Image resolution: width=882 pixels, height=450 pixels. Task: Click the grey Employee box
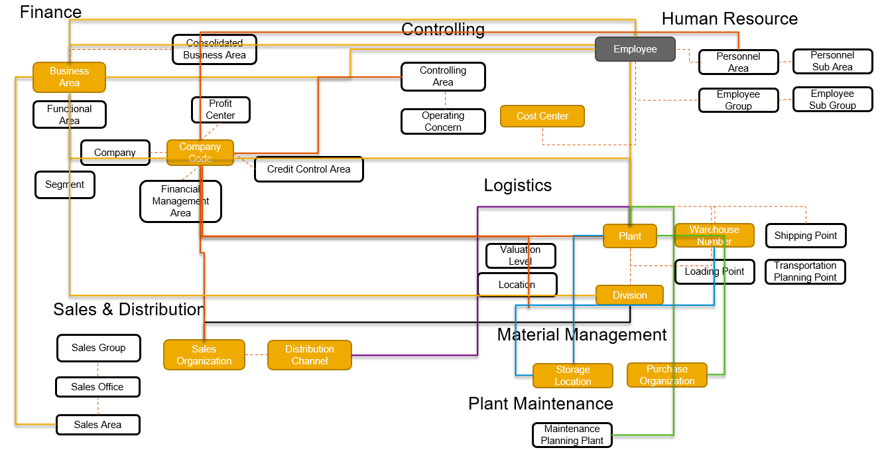(x=635, y=49)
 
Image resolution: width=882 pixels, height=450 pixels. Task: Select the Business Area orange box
(x=69, y=77)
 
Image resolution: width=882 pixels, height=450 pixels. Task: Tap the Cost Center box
(x=542, y=116)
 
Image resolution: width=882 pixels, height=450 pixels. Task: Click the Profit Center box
(x=220, y=110)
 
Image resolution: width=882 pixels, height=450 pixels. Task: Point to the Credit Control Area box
(x=308, y=169)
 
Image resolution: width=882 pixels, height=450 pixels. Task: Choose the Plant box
(x=629, y=236)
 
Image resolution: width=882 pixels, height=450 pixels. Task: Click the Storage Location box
(x=572, y=376)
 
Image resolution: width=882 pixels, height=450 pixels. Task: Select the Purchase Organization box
(x=666, y=375)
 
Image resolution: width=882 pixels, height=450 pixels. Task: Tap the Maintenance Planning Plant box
(x=572, y=435)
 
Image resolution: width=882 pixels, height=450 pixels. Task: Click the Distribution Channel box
(x=309, y=355)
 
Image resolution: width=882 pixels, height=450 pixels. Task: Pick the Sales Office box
(x=97, y=387)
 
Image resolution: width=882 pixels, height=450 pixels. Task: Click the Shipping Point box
(x=805, y=236)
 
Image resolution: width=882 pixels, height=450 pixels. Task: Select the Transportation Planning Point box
(x=805, y=271)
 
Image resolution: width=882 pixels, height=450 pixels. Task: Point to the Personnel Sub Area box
(x=832, y=61)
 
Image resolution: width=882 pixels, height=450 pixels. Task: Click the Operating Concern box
(x=442, y=121)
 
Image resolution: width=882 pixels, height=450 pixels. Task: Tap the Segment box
(x=64, y=185)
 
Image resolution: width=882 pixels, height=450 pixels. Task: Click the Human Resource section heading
(x=729, y=19)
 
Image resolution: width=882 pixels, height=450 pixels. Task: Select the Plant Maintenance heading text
(x=540, y=404)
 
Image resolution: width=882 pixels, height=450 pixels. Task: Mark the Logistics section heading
(x=517, y=185)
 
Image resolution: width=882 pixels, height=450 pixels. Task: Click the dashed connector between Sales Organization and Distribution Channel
(x=256, y=355)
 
